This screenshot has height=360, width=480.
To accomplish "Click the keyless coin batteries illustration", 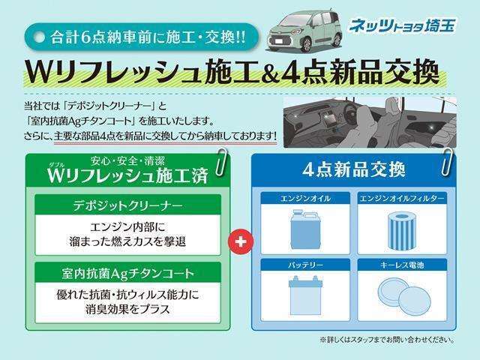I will [401, 293].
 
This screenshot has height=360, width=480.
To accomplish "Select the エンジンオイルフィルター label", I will [401, 198].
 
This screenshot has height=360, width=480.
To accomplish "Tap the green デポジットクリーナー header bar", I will [127, 204].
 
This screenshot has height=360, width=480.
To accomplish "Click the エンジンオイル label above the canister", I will [303, 198].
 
